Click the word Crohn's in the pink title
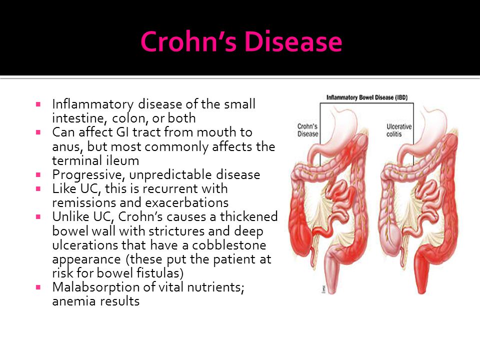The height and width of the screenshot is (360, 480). pyautogui.click(x=188, y=41)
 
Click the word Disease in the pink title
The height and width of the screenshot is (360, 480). pyautogui.click(x=293, y=41)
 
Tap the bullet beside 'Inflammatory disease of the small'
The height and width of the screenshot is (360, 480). pyautogui.click(x=38, y=104)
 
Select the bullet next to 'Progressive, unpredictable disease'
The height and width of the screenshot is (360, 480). pyautogui.click(x=38, y=175)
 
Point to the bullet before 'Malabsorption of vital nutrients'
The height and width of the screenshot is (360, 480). pyautogui.click(x=38, y=287)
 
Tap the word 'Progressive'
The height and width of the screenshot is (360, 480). pyautogui.click(x=89, y=175)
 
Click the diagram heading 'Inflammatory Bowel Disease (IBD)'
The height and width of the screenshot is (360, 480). pyautogui.click(x=367, y=97)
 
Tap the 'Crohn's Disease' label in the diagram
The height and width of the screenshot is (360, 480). pyautogui.click(x=308, y=130)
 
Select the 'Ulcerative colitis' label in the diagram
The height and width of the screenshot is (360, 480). pyautogui.click(x=399, y=130)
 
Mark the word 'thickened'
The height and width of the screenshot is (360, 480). pyautogui.click(x=248, y=216)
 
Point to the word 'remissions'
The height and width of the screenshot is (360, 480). pyautogui.click(x=84, y=202)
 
